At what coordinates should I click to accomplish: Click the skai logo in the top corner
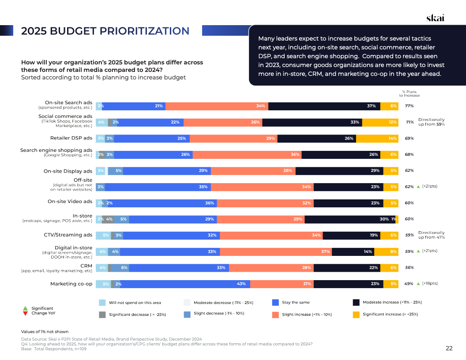pos(435,18)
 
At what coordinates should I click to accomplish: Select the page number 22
pos(449,348)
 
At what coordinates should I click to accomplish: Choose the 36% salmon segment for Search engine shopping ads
pos(247,154)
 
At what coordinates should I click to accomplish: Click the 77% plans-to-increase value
pos(409,106)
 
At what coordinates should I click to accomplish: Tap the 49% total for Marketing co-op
pos(409,284)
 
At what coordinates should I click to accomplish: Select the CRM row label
pos(86,266)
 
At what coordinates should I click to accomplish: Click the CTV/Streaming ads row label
pos(68,235)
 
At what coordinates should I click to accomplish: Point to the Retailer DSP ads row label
pos(71,138)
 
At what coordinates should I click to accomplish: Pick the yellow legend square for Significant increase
pos(356,314)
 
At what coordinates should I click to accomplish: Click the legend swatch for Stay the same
pos(275,302)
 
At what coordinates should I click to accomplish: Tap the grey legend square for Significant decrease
pos(102,314)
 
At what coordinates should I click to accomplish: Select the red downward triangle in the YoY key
pos(25,313)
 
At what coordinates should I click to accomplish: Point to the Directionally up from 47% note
pos(431,235)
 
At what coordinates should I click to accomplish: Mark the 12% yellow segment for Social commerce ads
pos(380,122)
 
